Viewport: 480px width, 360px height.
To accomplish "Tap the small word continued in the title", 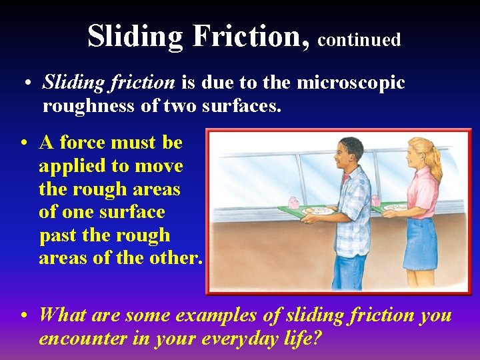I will [359, 40].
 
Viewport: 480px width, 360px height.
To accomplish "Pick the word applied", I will [70, 166].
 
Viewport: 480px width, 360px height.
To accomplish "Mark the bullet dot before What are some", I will [24, 315].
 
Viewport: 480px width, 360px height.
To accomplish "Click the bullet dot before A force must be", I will [24, 143].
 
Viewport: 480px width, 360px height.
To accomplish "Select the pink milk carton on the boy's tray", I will [294, 202].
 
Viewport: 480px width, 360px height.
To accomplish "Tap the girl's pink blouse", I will [424, 193].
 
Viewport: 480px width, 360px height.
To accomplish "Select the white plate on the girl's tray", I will [395, 207].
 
